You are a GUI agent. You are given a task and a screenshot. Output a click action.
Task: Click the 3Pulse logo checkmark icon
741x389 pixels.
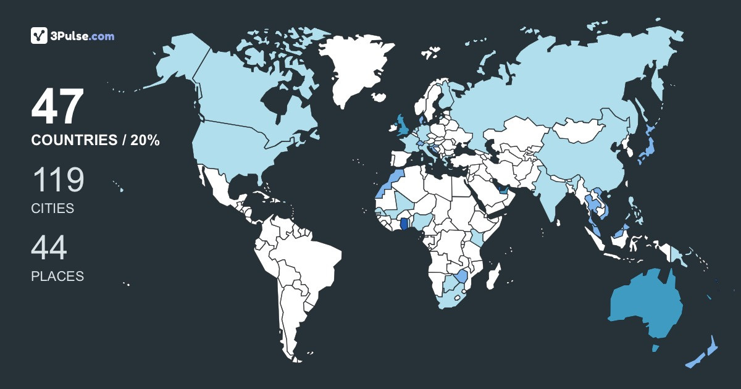point(39,36)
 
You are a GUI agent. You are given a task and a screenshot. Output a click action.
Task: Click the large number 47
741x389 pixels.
point(57,108)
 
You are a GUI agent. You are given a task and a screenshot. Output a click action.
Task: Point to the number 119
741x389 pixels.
point(57,180)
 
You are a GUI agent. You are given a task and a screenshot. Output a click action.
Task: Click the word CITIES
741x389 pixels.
point(52,209)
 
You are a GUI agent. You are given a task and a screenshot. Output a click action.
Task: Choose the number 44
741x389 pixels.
point(49,248)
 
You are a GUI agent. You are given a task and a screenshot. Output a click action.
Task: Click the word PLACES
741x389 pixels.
point(57,276)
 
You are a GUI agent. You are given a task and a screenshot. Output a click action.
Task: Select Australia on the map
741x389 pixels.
point(645,306)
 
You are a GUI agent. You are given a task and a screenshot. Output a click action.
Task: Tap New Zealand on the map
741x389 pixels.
point(704,355)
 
